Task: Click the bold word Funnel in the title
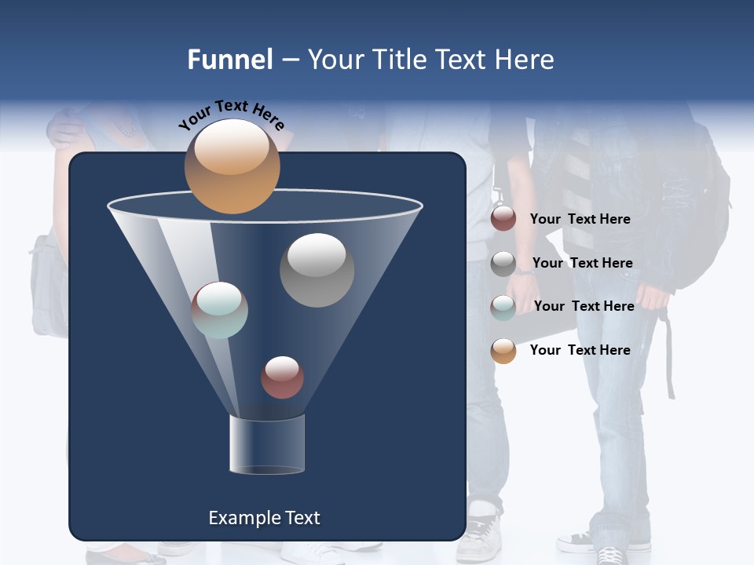click(230, 60)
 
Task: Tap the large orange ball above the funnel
click(232, 166)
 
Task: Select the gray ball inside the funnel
click(317, 270)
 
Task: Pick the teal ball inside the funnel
click(220, 310)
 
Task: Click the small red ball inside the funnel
click(282, 377)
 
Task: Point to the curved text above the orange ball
click(231, 115)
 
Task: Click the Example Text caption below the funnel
click(264, 518)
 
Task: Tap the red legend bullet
click(503, 219)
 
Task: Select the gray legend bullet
click(503, 263)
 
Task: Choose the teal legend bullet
click(503, 307)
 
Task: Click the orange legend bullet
click(503, 351)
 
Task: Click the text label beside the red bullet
click(580, 219)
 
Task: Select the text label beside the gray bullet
click(582, 263)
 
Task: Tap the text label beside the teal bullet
click(584, 306)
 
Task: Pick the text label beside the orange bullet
click(580, 350)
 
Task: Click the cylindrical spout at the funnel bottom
click(267, 444)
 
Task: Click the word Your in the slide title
click(335, 60)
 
